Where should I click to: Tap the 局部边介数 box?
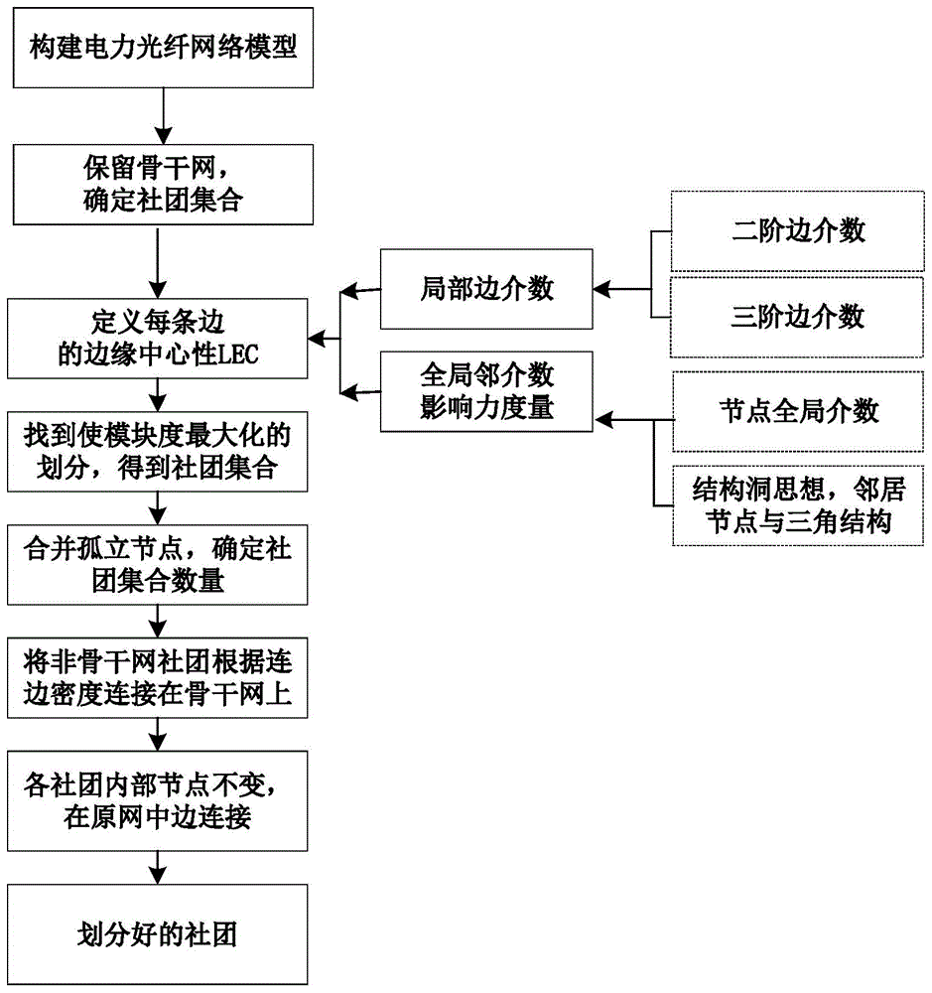click(x=486, y=290)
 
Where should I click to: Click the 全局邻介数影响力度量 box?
click(x=486, y=393)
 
